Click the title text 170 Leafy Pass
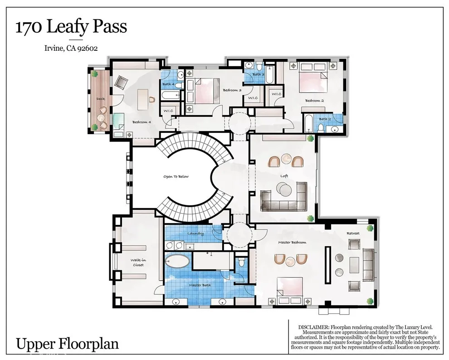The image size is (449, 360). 71,27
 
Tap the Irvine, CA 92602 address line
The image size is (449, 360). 71,48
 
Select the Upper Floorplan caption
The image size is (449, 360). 67,344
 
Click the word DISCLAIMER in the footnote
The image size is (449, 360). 314,327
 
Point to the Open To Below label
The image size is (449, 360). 176,176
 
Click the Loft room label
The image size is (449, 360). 284,176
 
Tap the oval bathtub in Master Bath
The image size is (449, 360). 177,261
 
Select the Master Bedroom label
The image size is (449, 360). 292,243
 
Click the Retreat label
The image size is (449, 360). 353,233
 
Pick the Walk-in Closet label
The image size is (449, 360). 138,263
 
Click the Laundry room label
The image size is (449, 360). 195,234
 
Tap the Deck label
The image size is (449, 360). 101,99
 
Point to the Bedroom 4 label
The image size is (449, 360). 142,122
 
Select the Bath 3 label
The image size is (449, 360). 259,74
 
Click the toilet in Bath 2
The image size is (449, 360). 321,127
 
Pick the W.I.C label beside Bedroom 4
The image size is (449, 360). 168,111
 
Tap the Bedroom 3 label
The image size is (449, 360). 232,90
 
